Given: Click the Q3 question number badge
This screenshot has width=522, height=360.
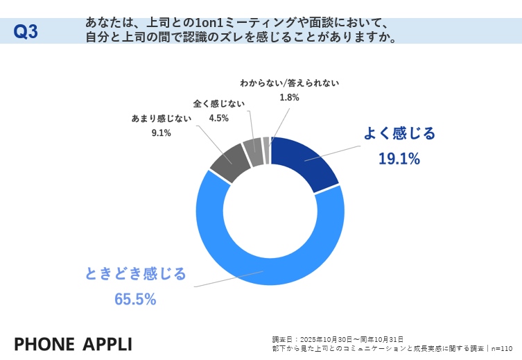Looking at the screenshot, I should tap(26, 32).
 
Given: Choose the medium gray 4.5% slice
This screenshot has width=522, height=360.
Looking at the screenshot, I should tap(252, 151).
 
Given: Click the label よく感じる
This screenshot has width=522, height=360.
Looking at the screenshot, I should tap(400, 133).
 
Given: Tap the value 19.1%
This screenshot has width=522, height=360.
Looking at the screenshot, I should tap(399, 159).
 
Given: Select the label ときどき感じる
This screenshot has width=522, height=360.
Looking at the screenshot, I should tap(135, 274).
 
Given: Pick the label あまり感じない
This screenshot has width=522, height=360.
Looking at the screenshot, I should tap(161, 118).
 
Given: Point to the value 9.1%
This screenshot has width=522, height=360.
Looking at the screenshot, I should tap(161, 132).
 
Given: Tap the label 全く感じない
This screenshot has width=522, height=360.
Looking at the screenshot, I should tap(218, 103).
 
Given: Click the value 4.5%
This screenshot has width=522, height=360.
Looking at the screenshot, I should tap(218, 118).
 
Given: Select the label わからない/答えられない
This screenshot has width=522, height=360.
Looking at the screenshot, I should tap(289, 83).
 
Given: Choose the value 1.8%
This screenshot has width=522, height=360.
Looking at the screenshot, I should tap(289, 98).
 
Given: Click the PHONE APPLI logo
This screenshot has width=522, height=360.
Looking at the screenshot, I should tap(73, 344).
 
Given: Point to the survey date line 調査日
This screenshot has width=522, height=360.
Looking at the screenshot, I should tap(337, 339).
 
